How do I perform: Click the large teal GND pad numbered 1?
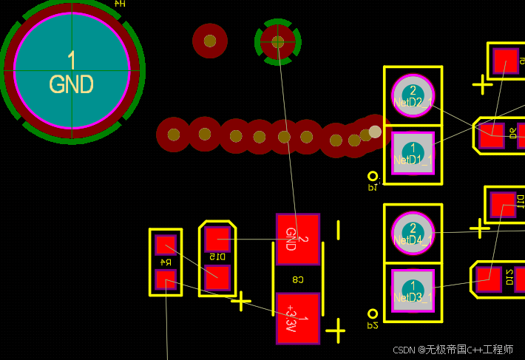[x=72, y=72]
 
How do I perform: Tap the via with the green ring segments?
[x=278, y=42]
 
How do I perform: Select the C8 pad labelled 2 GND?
[x=298, y=239]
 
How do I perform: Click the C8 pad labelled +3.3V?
[x=297, y=319]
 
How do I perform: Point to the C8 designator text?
[x=298, y=279]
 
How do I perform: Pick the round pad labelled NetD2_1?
[x=413, y=95]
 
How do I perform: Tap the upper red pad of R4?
[x=165, y=245]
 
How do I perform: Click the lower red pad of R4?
[x=165, y=279]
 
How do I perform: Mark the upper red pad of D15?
[x=217, y=239]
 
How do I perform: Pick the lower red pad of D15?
[x=217, y=278]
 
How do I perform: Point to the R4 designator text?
[x=166, y=262]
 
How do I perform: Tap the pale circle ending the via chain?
[x=375, y=132]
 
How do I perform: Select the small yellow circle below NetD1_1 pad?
[x=373, y=177]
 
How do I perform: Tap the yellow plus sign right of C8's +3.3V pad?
[x=336, y=330]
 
